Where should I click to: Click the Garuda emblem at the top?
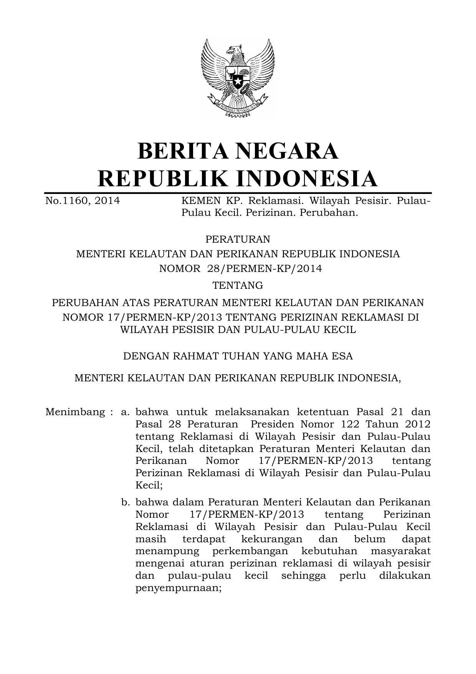pos(238,78)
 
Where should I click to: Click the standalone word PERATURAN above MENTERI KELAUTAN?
pos(238,239)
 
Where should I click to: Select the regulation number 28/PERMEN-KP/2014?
pos(264,268)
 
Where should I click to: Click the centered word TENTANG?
pos(238,285)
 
